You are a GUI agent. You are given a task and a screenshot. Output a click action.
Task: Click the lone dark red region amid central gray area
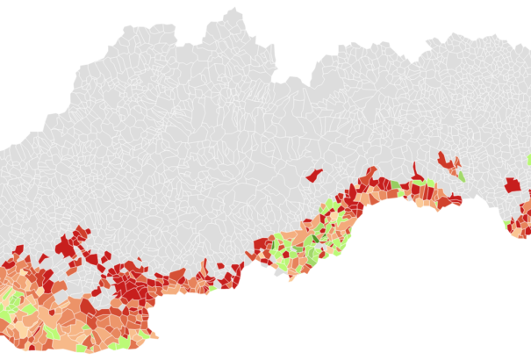(313, 174)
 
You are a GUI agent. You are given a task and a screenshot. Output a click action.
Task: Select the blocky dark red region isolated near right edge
(512, 184)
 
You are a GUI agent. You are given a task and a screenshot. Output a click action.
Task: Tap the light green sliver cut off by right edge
(528, 160)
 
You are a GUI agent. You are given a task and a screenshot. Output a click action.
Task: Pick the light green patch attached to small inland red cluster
(461, 175)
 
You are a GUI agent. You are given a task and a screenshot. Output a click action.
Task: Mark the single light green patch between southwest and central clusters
(212, 288)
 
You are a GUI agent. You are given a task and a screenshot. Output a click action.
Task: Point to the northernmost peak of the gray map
(233, 12)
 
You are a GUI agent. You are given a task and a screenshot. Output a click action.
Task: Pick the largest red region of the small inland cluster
(448, 162)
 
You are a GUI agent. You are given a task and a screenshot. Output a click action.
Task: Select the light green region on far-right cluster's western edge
(507, 224)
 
